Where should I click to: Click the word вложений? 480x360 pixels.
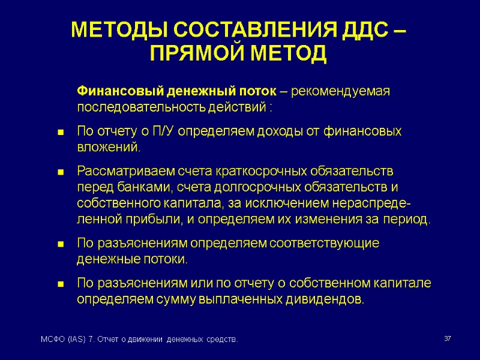(108, 147)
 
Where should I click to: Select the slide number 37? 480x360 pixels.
(447, 340)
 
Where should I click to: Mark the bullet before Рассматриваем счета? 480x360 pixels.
(61, 172)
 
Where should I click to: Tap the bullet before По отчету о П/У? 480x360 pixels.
(61, 132)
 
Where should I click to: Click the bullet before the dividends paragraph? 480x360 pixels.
(61, 284)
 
